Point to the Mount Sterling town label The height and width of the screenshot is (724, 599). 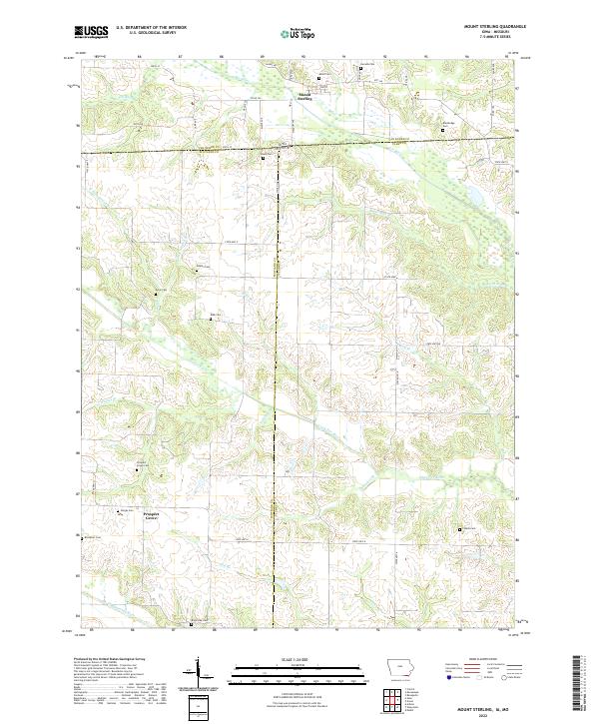pos(303,97)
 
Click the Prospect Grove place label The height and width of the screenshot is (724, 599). pos(151,516)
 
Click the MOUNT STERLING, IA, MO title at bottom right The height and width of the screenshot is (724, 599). pos(486,707)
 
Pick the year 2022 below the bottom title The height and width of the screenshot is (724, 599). pos(486,715)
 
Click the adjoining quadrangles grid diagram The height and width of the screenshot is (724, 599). pos(398,699)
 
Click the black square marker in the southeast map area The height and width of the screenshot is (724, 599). pos(459,529)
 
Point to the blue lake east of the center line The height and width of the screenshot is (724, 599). pos(467,199)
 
